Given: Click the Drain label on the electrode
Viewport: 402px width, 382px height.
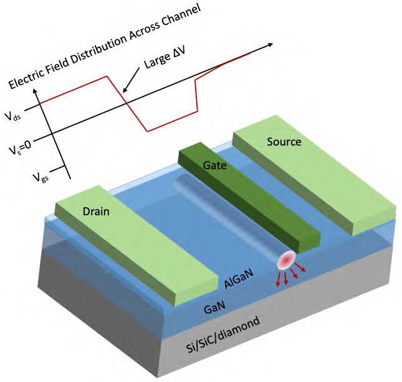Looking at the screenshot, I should tap(96, 212).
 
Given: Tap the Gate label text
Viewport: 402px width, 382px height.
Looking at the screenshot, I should tap(214, 165).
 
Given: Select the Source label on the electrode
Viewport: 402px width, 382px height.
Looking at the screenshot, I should tap(284, 142).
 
